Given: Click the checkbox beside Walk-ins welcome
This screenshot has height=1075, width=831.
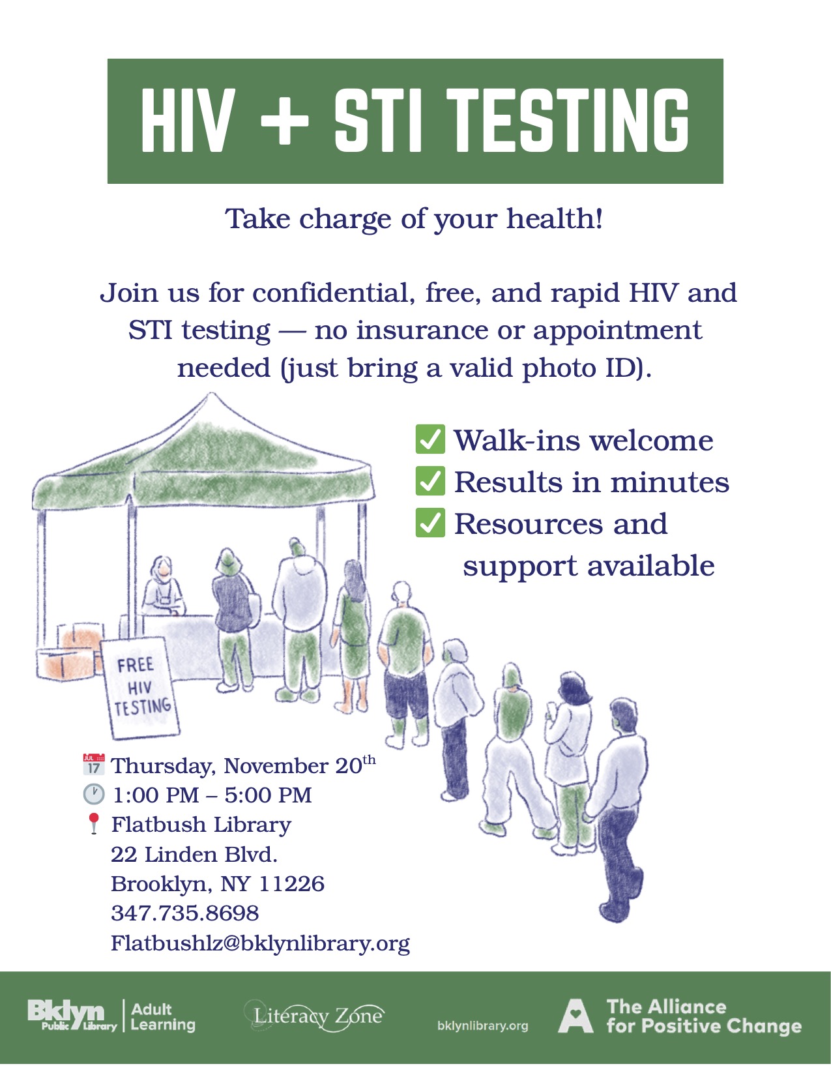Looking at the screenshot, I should coord(430,439).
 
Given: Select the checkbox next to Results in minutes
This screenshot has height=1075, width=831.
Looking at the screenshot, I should coord(430,481).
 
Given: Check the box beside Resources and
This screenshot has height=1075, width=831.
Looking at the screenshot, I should coord(430,523).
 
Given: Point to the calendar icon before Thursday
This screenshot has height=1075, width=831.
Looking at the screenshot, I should coord(94,764).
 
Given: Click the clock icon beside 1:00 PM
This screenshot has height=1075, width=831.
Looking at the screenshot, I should coord(94,794).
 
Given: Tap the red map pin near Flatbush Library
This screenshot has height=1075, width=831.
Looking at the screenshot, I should coord(94,823).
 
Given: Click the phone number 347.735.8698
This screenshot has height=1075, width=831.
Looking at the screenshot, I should coord(185,913).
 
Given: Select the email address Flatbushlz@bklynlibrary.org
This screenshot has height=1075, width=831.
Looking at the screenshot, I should coord(260,943).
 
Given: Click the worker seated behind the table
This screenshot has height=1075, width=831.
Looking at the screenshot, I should coord(162,587).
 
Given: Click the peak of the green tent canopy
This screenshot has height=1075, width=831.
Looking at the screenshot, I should coord(210,396).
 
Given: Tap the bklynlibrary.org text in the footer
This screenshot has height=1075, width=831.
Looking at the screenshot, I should coord(482,1025).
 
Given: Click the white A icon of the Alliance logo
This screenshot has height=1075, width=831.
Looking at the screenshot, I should coord(576,1016).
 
